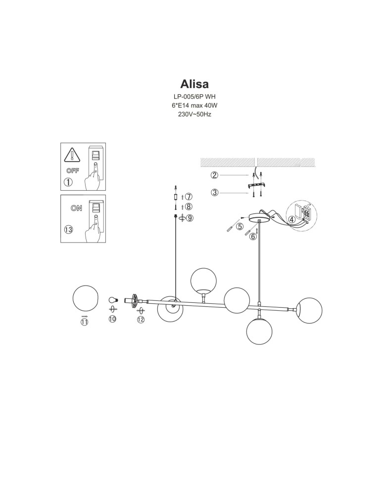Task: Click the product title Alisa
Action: point(194,84)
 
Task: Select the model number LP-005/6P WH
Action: point(194,97)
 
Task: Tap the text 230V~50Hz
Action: point(194,115)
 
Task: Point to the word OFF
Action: point(73,171)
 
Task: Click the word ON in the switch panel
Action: point(76,208)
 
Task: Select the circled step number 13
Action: point(68,230)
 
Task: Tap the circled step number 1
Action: point(68,182)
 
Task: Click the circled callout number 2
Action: point(215,175)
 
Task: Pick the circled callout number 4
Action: point(292,220)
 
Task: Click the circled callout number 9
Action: point(190,218)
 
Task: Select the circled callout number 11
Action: point(84,322)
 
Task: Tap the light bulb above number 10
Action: point(113,300)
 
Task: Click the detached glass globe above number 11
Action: point(85,298)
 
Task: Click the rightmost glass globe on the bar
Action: point(309,310)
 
